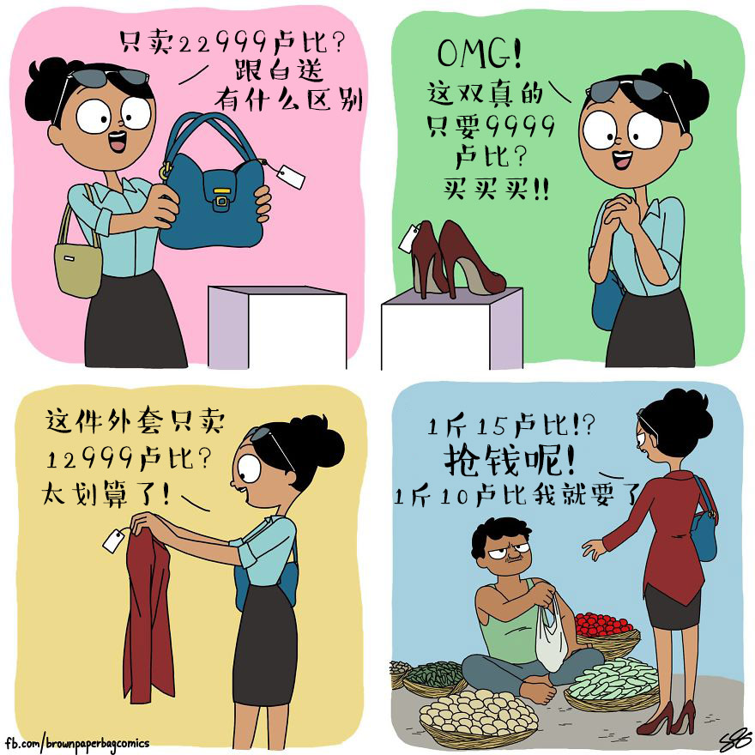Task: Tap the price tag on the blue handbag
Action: point(290,177)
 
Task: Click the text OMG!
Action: point(480,53)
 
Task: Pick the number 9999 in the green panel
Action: point(521,126)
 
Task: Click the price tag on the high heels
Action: point(409,238)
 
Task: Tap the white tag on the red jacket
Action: point(114,541)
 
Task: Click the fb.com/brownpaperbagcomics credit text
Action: point(77,744)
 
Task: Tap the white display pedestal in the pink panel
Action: point(277,328)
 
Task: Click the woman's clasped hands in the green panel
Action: point(619,210)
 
